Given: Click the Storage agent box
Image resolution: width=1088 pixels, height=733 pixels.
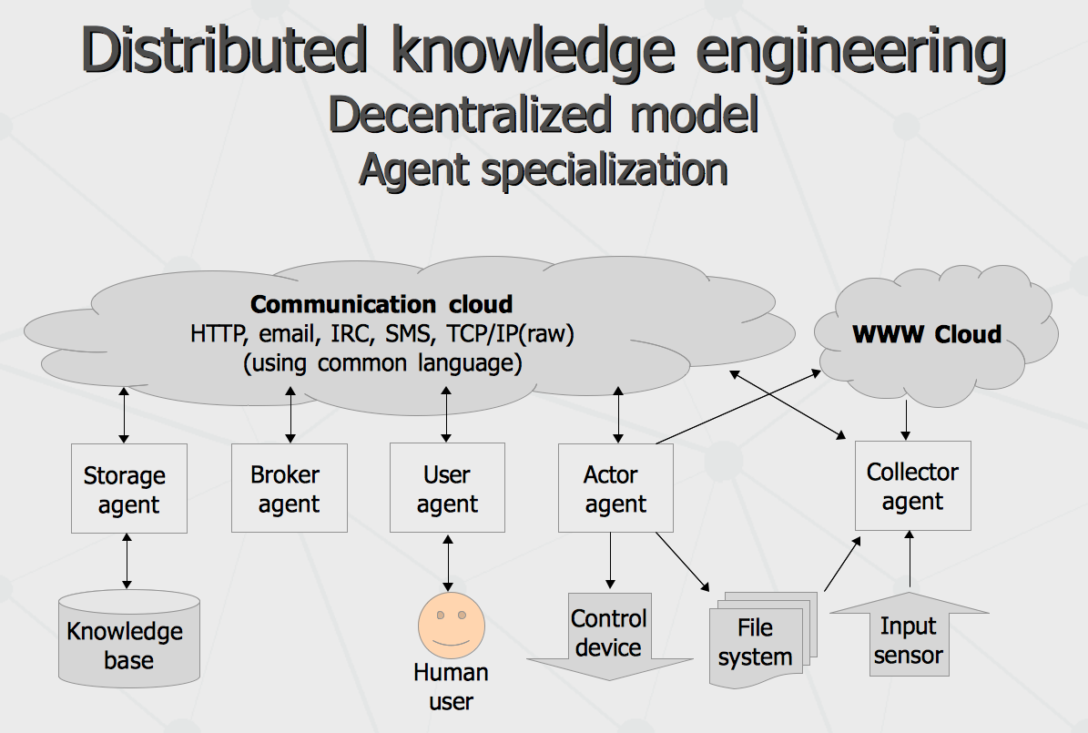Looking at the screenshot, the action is (129, 489).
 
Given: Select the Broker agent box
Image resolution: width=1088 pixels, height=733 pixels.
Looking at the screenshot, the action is (290, 488).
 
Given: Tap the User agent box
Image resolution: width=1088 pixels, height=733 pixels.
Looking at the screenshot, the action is (448, 488).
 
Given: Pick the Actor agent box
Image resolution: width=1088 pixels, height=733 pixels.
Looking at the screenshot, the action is (615, 488).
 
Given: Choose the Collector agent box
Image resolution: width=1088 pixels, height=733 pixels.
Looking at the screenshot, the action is (912, 486).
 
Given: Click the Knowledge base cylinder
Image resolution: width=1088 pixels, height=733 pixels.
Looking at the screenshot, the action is (129, 639).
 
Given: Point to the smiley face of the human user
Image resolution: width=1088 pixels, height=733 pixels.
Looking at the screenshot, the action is (451, 626).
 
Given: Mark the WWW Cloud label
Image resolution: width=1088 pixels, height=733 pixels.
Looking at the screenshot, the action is (927, 334).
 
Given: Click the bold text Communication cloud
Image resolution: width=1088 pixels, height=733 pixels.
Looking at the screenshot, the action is (381, 304).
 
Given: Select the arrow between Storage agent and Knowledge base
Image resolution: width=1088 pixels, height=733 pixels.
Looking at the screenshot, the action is (127, 561).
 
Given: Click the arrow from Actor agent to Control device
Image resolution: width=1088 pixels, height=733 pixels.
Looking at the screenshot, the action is (610, 561).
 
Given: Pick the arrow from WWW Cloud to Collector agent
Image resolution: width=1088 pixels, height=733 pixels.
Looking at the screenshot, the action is (906, 421).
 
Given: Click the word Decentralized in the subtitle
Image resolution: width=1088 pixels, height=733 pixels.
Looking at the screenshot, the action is (470, 116).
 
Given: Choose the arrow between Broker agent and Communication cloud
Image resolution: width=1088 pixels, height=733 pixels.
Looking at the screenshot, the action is (290, 415).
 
